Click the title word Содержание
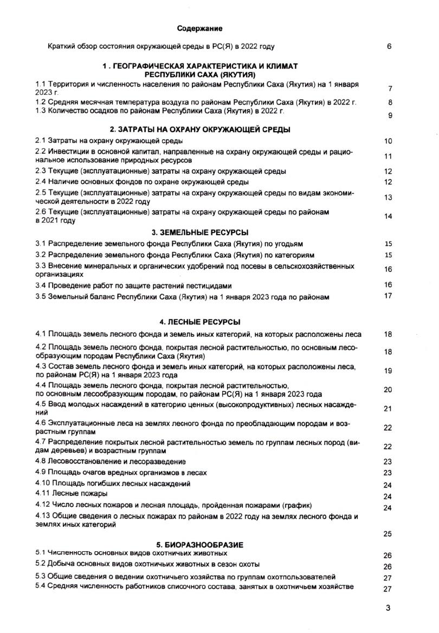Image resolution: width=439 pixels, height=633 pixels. point(199,28)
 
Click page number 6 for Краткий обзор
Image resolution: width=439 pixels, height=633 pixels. point(389,47)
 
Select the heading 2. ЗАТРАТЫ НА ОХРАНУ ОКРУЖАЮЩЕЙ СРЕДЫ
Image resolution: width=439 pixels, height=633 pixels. point(200,129)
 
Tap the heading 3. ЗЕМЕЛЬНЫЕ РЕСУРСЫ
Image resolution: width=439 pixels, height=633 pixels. point(200,232)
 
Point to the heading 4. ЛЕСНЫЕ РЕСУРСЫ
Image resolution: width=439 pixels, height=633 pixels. point(200,322)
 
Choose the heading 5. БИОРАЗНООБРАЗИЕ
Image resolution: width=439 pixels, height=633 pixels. point(200,544)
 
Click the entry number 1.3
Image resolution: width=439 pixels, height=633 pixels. point(41,112)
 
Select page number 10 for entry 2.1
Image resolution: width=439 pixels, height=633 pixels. point(388,141)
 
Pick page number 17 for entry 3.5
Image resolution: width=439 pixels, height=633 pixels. point(388,296)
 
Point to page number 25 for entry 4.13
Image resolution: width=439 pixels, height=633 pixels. point(388,533)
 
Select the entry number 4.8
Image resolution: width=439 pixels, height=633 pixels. point(41,461)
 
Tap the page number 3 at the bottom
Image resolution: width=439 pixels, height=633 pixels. point(388,608)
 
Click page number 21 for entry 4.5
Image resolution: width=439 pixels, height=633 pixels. point(388,409)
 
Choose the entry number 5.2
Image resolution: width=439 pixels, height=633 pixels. point(41,564)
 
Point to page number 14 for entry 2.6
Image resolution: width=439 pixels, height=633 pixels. point(388,217)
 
